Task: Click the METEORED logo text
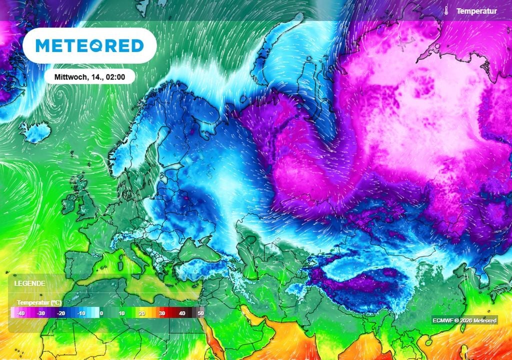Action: click(x=89, y=45)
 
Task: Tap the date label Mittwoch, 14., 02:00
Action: click(x=90, y=77)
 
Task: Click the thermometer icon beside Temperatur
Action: click(x=445, y=10)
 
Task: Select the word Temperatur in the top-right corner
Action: click(x=476, y=10)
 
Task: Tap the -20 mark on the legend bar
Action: click(x=60, y=313)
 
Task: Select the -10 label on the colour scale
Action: click(x=80, y=313)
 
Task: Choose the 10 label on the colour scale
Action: click(x=121, y=313)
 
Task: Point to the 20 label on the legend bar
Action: click(x=141, y=313)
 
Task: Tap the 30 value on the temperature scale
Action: click(x=161, y=313)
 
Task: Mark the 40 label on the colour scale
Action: click(x=181, y=313)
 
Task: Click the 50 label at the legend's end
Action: click(x=201, y=313)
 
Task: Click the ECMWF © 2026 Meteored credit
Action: click(x=465, y=320)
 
